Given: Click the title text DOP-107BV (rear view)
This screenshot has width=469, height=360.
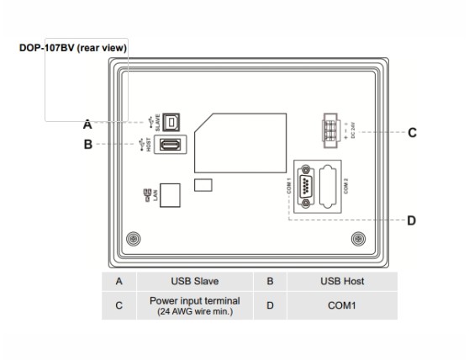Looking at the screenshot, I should click(x=73, y=48).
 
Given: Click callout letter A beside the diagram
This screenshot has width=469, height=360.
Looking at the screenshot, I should click(x=87, y=124).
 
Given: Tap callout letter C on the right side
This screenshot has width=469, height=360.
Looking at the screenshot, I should click(x=413, y=132).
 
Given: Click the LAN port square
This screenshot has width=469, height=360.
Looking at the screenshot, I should click(x=171, y=194).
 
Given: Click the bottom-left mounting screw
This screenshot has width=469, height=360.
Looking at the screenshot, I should click(x=133, y=240).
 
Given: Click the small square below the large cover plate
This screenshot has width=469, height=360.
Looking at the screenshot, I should click(x=202, y=183).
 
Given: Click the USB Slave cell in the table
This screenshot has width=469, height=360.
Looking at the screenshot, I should click(x=194, y=281).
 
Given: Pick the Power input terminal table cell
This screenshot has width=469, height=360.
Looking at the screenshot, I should click(x=194, y=305).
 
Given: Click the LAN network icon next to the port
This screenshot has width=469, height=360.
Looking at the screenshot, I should click(x=148, y=195).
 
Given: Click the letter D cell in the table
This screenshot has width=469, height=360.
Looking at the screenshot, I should click(x=269, y=305).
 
